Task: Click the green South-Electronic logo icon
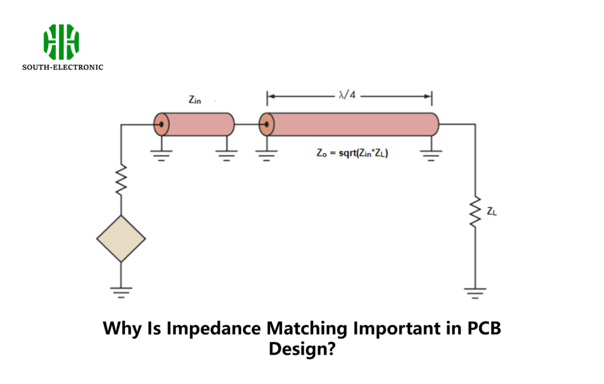61,42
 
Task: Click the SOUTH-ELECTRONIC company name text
63,67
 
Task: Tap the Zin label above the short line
195,100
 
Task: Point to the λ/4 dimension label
347,96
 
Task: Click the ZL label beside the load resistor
491,211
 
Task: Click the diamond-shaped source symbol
121,239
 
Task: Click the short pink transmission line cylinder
198,124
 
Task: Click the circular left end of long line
267,124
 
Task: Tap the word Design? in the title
302,349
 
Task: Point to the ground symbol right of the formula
431,155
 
